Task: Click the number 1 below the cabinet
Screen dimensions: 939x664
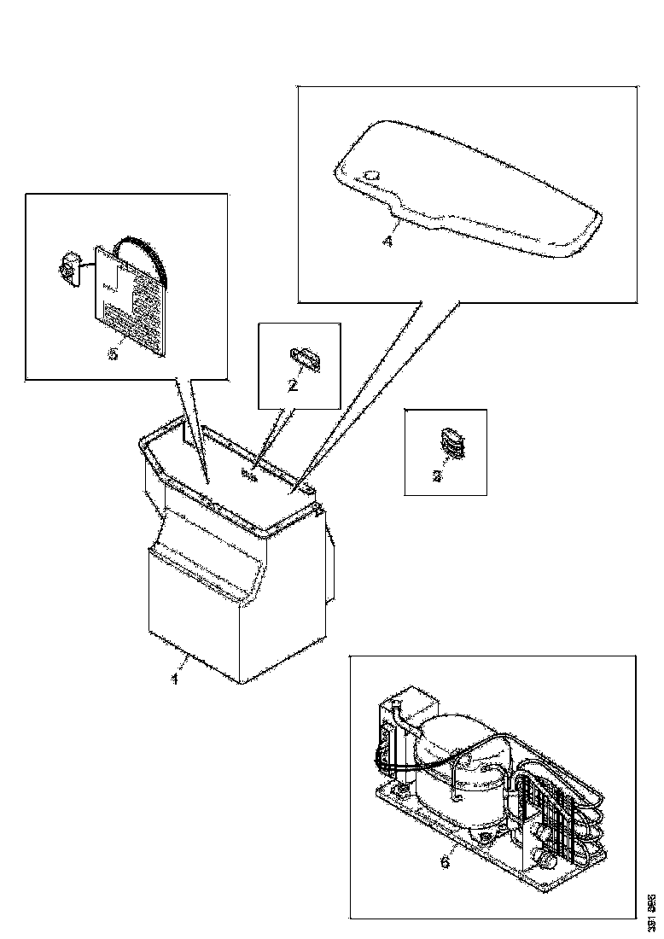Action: tap(176, 679)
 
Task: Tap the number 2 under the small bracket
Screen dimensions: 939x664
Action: tap(293, 385)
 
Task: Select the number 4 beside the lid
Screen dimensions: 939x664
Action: tap(387, 242)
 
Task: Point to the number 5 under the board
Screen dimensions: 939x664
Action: tap(113, 353)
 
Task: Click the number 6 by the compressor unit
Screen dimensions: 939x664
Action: tap(445, 861)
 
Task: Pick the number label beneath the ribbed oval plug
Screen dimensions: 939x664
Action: tap(438, 476)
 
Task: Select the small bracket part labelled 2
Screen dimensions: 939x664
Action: tap(306, 357)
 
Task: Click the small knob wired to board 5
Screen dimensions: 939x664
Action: tap(67, 268)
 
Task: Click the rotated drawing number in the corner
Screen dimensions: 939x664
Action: tap(650, 905)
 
